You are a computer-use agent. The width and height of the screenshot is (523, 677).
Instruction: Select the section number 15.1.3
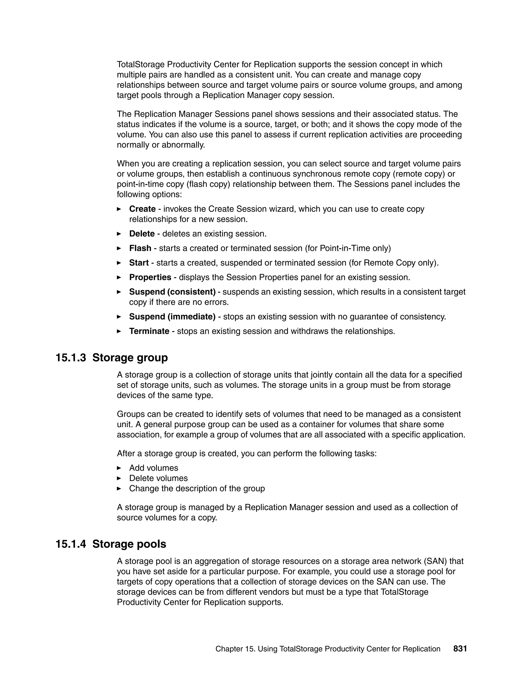(x=71, y=357)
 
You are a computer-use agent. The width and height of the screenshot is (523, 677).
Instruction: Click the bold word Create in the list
(x=142, y=209)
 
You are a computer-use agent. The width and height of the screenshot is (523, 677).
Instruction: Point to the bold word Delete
(x=142, y=234)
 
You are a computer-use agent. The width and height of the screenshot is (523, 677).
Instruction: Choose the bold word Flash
(x=140, y=248)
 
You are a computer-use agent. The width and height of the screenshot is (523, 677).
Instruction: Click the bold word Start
(x=139, y=263)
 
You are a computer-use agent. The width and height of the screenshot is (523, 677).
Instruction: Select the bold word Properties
(x=150, y=277)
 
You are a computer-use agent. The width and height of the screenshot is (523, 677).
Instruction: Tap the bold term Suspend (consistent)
(x=172, y=292)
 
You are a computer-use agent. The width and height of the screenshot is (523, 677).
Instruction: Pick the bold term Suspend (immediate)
(x=172, y=317)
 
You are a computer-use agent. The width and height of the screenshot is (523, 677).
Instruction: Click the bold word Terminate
(x=149, y=331)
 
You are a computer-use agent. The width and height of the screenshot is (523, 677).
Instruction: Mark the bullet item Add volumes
(x=154, y=468)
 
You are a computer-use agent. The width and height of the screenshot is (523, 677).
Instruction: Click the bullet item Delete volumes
(x=158, y=478)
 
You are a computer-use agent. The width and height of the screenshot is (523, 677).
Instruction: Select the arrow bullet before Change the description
(x=119, y=488)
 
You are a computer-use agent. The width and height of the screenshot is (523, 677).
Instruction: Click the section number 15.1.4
(x=71, y=544)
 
